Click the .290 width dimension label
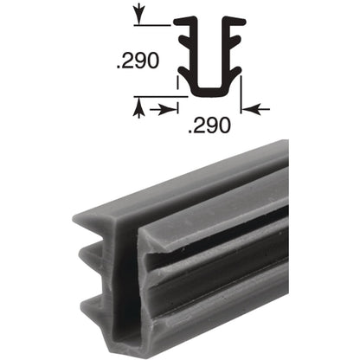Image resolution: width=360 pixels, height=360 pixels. tap(209, 129)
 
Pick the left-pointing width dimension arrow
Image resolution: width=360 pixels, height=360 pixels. tap(257, 110)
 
